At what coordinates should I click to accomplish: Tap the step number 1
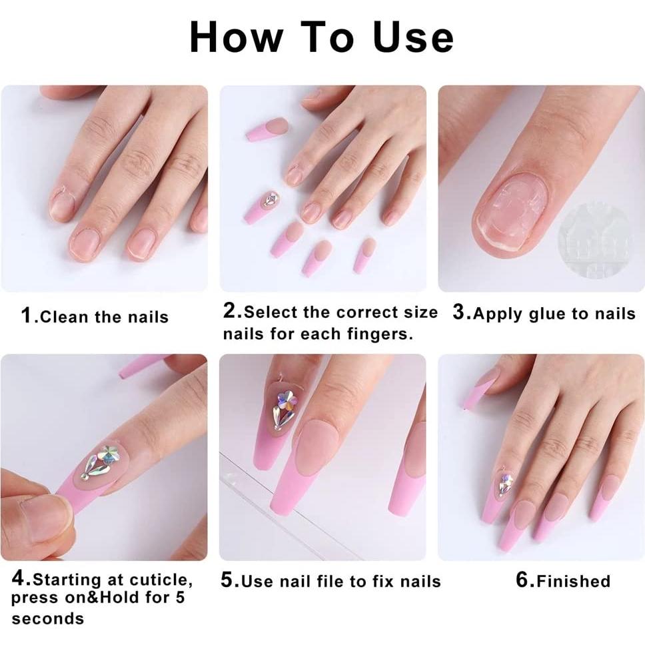coord(27,315)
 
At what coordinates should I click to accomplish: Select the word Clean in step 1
coord(65,317)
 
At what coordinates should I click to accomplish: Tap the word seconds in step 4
coord(48,619)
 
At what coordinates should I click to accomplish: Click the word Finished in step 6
coord(573,581)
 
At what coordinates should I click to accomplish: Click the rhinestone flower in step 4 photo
coord(100,460)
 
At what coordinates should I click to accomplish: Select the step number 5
coord(228,580)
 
